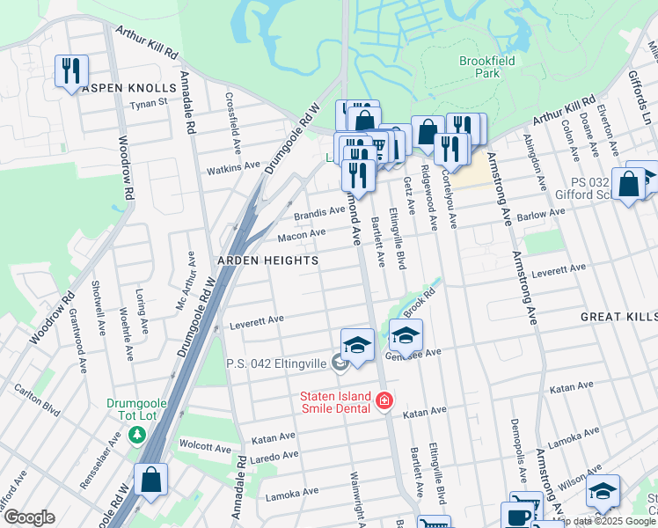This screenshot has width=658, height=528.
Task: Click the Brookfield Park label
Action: pos(486,67)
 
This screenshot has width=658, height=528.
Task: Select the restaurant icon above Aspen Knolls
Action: pos(71,70)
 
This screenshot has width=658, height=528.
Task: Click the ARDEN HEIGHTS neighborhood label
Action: pos(256,261)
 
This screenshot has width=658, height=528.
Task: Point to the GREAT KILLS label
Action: pos(618,316)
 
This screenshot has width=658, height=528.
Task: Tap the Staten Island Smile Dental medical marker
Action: pos(384,401)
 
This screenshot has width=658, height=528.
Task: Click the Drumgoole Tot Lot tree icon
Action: pos(136,435)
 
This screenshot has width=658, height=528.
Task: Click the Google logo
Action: pos(29,517)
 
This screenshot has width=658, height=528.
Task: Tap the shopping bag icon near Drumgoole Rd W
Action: pos(151,480)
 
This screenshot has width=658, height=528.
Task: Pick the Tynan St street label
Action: pos(149,103)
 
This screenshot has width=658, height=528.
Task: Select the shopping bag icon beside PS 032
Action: pos(629,184)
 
